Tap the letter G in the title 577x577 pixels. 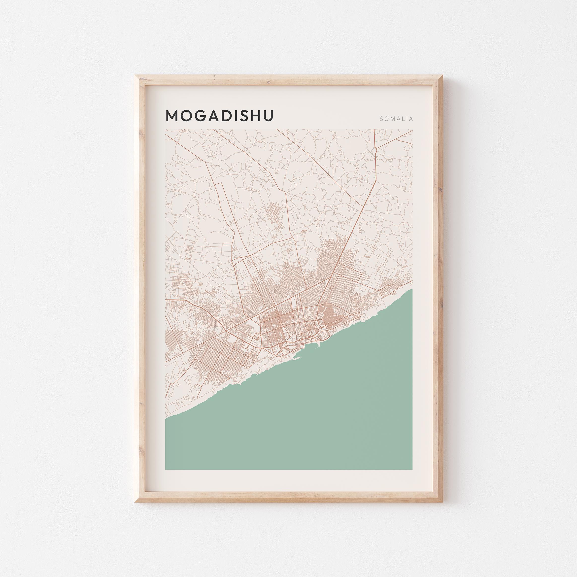pyautogui.click(x=199, y=116)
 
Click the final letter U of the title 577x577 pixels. pyautogui.click(x=268, y=116)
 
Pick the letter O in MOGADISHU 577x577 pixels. pyautogui.click(x=186, y=116)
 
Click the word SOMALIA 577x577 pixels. pyautogui.click(x=396, y=119)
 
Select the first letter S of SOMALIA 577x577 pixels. pyautogui.click(x=381, y=119)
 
